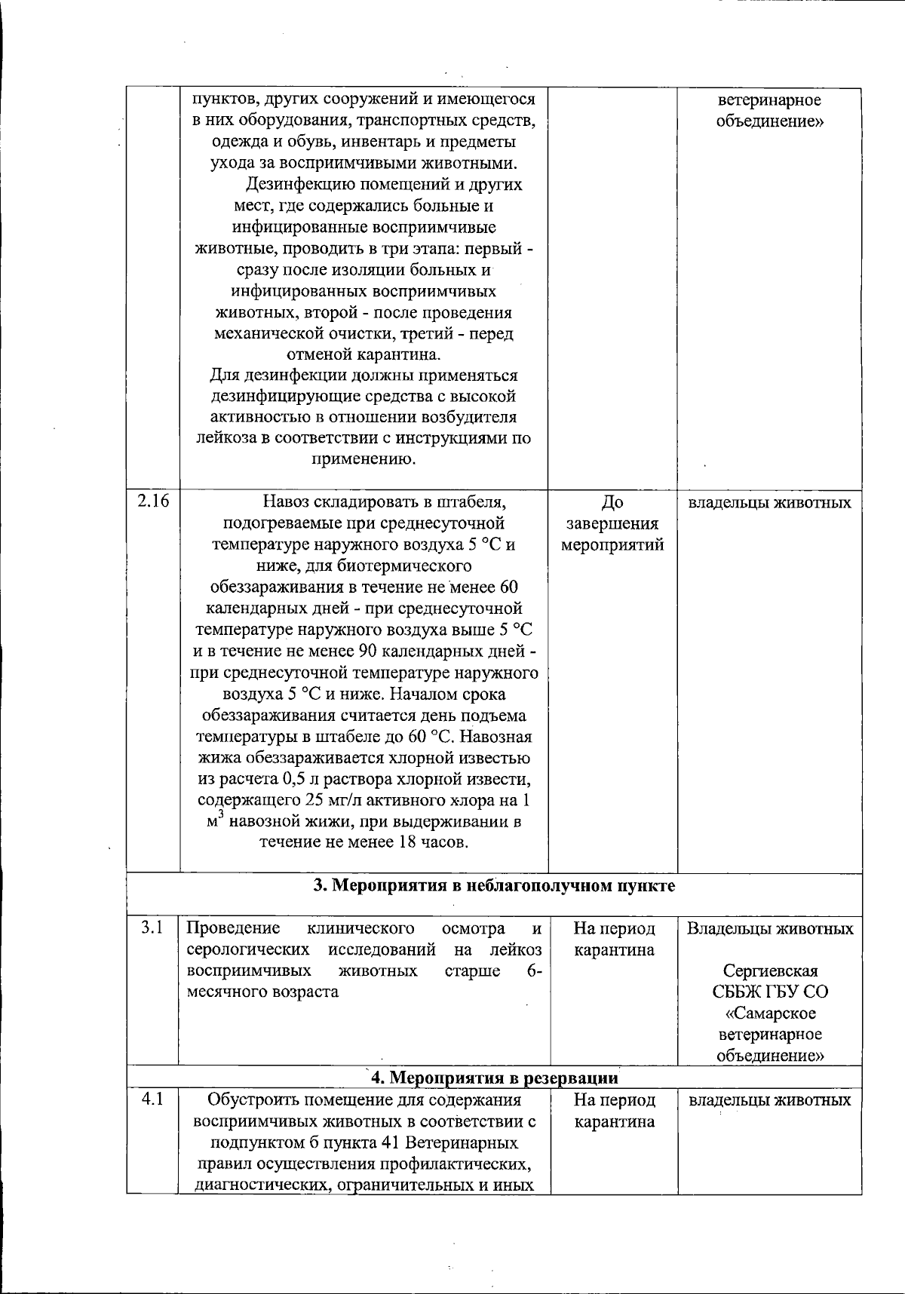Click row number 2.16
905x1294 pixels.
(x=153, y=502)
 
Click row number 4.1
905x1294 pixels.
(x=153, y=1099)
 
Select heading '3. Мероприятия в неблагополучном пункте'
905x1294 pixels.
(x=494, y=885)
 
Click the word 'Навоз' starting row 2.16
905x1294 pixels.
(x=286, y=502)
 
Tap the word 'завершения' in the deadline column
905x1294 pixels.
(x=612, y=523)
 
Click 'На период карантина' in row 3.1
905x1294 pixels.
(x=614, y=939)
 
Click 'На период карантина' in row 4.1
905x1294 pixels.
(x=614, y=1111)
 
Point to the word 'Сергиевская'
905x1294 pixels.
(x=770, y=970)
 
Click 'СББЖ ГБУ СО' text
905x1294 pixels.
(x=770, y=992)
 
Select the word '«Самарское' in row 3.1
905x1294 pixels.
(x=770, y=1013)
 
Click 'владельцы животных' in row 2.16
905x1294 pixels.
(x=770, y=502)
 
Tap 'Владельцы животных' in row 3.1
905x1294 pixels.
(x=770, y=928)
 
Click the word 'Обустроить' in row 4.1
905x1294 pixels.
(x=249, y=1099)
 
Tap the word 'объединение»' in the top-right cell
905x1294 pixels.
(x=770, y=121)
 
